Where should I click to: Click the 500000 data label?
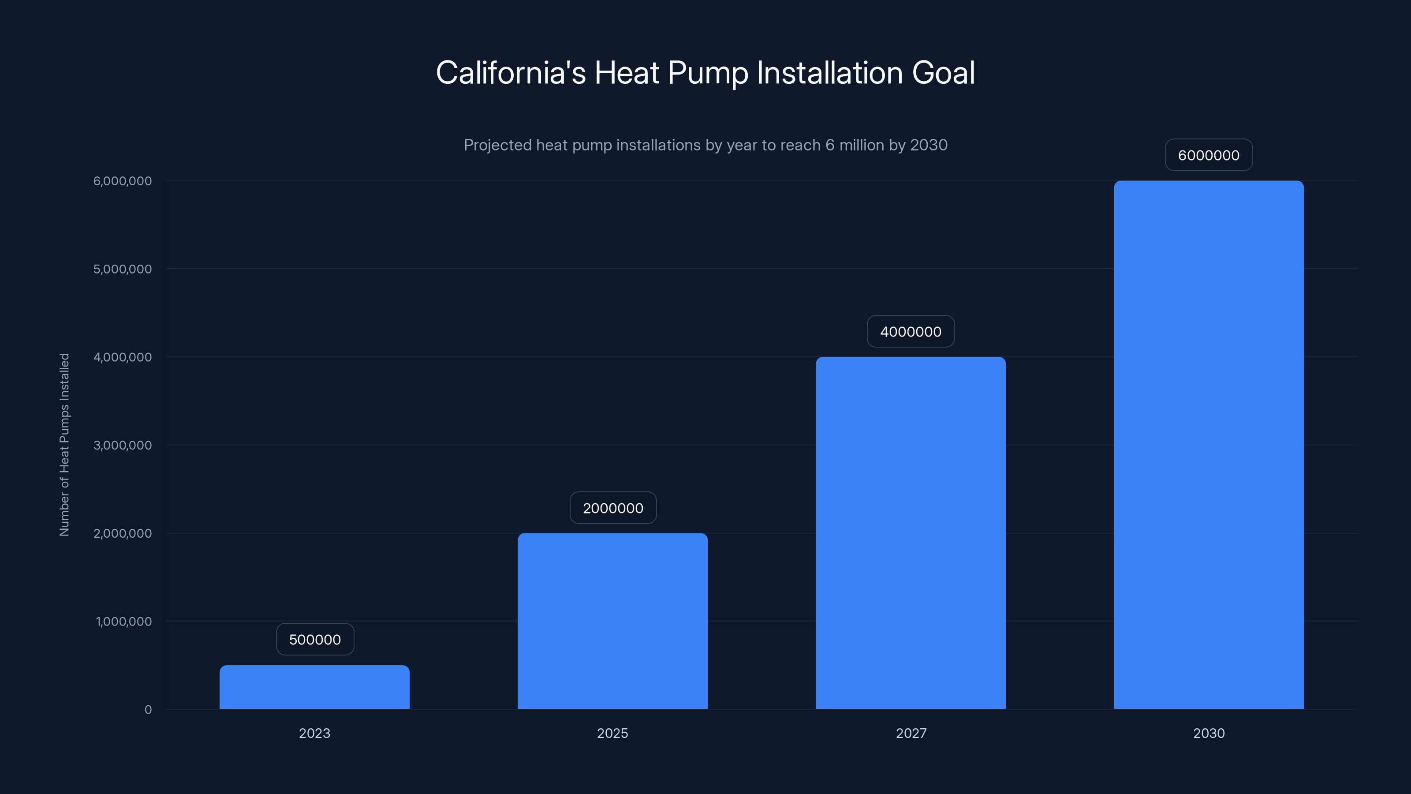[x=315, y=640]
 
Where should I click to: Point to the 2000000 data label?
[x=613, y=508]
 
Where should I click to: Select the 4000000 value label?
[x=911, y=332]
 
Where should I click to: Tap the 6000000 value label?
[x=1208, y=155]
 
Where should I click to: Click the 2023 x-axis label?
[x=314, y=733]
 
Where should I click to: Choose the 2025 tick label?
[x=612, y=733]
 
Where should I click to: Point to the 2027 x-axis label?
[x=911, y=733]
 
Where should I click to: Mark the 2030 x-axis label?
[x=1208, y=733]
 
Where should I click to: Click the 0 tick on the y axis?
[x=148, y=710]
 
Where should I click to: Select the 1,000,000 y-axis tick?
[x=124, y=622]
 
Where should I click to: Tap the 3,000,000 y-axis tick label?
[x=123, y=445]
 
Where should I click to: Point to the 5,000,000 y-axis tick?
[x=123, y=269]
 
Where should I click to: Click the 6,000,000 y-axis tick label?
[x=123, y=181]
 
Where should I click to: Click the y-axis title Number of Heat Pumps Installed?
[x=65, y=444]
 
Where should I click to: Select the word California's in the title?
[x=511, y=73]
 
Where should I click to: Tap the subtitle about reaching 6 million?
[x=705, y=145]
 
